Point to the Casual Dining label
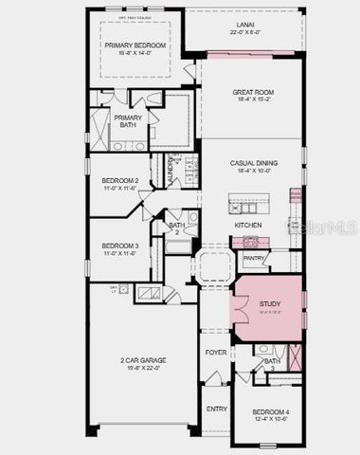pos(251,163)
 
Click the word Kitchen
pos(248,225)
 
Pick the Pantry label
pos(253,257)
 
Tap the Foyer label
pos(216,352)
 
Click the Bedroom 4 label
pos(270,411)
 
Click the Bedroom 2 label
pos(120,180)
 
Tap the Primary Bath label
pos(128,121)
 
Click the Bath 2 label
pos(176,227)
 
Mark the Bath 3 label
pos(272,363)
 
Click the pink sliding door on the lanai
pos(243,55)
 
